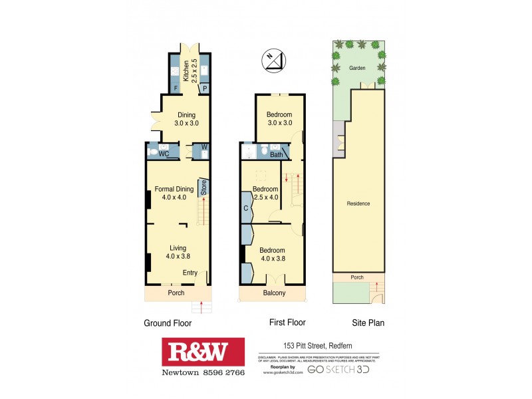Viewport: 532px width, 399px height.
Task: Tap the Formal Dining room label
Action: [174, 193]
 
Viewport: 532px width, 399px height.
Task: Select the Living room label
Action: [178, 252]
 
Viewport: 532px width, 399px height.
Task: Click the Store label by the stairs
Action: [204, 188]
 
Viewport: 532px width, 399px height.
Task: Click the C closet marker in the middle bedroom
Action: [246, 207]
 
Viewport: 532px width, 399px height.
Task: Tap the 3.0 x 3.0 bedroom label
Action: [279, 119]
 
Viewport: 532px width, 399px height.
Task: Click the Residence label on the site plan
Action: [358, 203]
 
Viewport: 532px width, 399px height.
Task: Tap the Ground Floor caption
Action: [168, 324]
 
